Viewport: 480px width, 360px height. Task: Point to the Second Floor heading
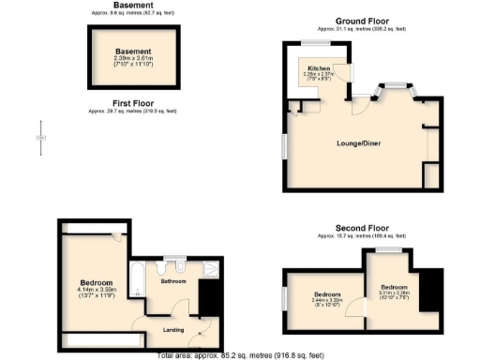364,227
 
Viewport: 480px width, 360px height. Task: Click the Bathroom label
173,280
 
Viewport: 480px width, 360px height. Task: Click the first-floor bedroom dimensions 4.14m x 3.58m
97,292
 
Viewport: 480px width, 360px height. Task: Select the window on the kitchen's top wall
314,45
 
